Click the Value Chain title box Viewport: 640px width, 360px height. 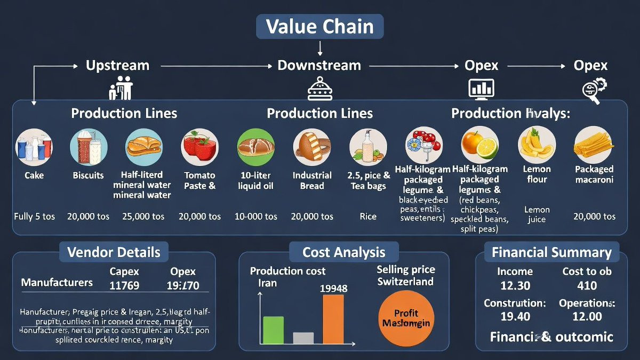pyautogui.click(x=319, y=27)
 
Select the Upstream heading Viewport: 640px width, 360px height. pyautogui.click(x=117, y=66)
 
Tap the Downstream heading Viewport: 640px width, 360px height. pyautogui.click(x=319, y=66)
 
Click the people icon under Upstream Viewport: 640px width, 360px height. pyautogui.click(x=121, y=87)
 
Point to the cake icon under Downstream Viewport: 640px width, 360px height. pyautogui.click(x=319, y=89)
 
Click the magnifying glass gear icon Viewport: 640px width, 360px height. pyautogui.click(x=592, y=90)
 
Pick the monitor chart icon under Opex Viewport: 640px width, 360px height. pyautogui.click(x=481, y=89)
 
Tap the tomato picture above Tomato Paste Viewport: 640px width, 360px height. pyautogui.click(x=199, y=146)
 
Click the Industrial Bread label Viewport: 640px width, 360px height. pyautogui.click(x=312, y=180)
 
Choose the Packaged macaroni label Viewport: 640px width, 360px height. pyautogui.click(x=594, y=174)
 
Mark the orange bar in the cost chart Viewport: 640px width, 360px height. pyautogui.click(x=333, y=319)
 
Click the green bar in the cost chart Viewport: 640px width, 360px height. pyautogui.click(x=274, y=330)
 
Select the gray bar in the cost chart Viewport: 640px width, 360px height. pyautogui.click(x=303, y=338)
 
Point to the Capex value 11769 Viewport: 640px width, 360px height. pyautogui.click(x=124, y=285)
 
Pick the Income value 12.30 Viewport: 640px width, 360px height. pyautogui.click(x=515, y=286)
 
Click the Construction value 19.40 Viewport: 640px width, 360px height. pyautogui.click(x=515, y=316)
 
